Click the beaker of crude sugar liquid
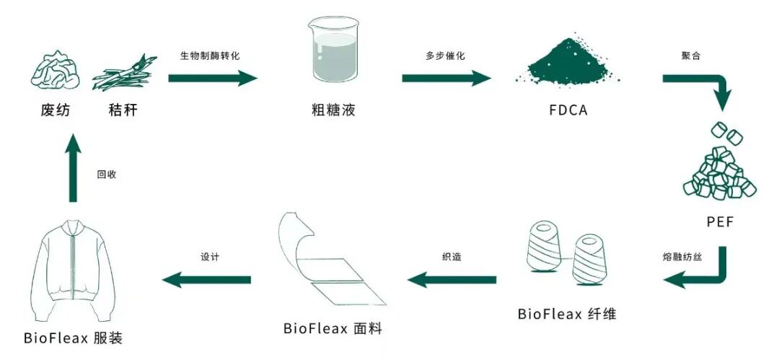click(x=333, y=49)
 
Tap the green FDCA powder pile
click(x=567, y=60)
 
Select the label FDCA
click(x=568, y=110)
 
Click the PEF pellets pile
click(x=719, y=163)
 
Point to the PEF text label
click(x=720, y=221)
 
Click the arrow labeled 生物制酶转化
click(x=213, y=78)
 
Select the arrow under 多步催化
click(x=446, y=78)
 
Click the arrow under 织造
click(x=452, y=280)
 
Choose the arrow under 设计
click(x=207, y=280)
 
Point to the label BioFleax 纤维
click(x=567, y=315)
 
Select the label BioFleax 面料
click(x=333, y=329)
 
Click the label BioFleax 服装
click(x=73, y=338)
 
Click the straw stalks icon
click(x=125, y=73)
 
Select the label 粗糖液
click(x=333, y=110)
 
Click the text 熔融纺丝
click(x=682, y=258)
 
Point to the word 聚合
click(x=691, y=56)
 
